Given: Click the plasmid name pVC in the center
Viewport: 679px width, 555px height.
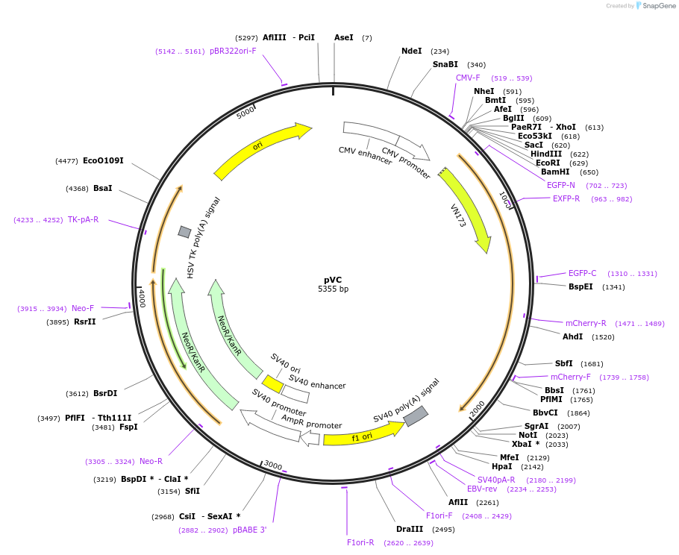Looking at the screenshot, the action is click(333, 279).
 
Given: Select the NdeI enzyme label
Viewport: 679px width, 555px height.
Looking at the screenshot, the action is click(411, 51).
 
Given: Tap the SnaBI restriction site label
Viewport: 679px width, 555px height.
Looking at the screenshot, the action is click(445, 65).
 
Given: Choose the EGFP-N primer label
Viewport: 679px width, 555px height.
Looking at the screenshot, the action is click(560, 185).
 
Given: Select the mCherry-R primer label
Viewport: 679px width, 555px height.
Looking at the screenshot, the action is click(586, 323).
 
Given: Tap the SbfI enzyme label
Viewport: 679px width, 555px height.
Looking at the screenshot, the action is click(563, 363).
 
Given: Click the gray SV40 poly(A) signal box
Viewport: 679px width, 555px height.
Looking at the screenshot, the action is click(416, 416).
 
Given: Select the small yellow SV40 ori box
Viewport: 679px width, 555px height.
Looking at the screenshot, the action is click(272, 383).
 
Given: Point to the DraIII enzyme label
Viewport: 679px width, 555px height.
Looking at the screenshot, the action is click(410, 529).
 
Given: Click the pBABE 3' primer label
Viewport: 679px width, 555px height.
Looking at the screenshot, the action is click(249, 530).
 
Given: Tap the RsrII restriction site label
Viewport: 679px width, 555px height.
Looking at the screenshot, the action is click(84, 322).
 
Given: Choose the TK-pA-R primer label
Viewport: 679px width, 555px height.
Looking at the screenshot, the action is click(83, 219).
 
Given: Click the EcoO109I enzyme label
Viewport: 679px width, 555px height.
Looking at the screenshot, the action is click(103, 160).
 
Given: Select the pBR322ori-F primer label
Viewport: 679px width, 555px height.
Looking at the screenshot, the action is click(233, 51).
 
